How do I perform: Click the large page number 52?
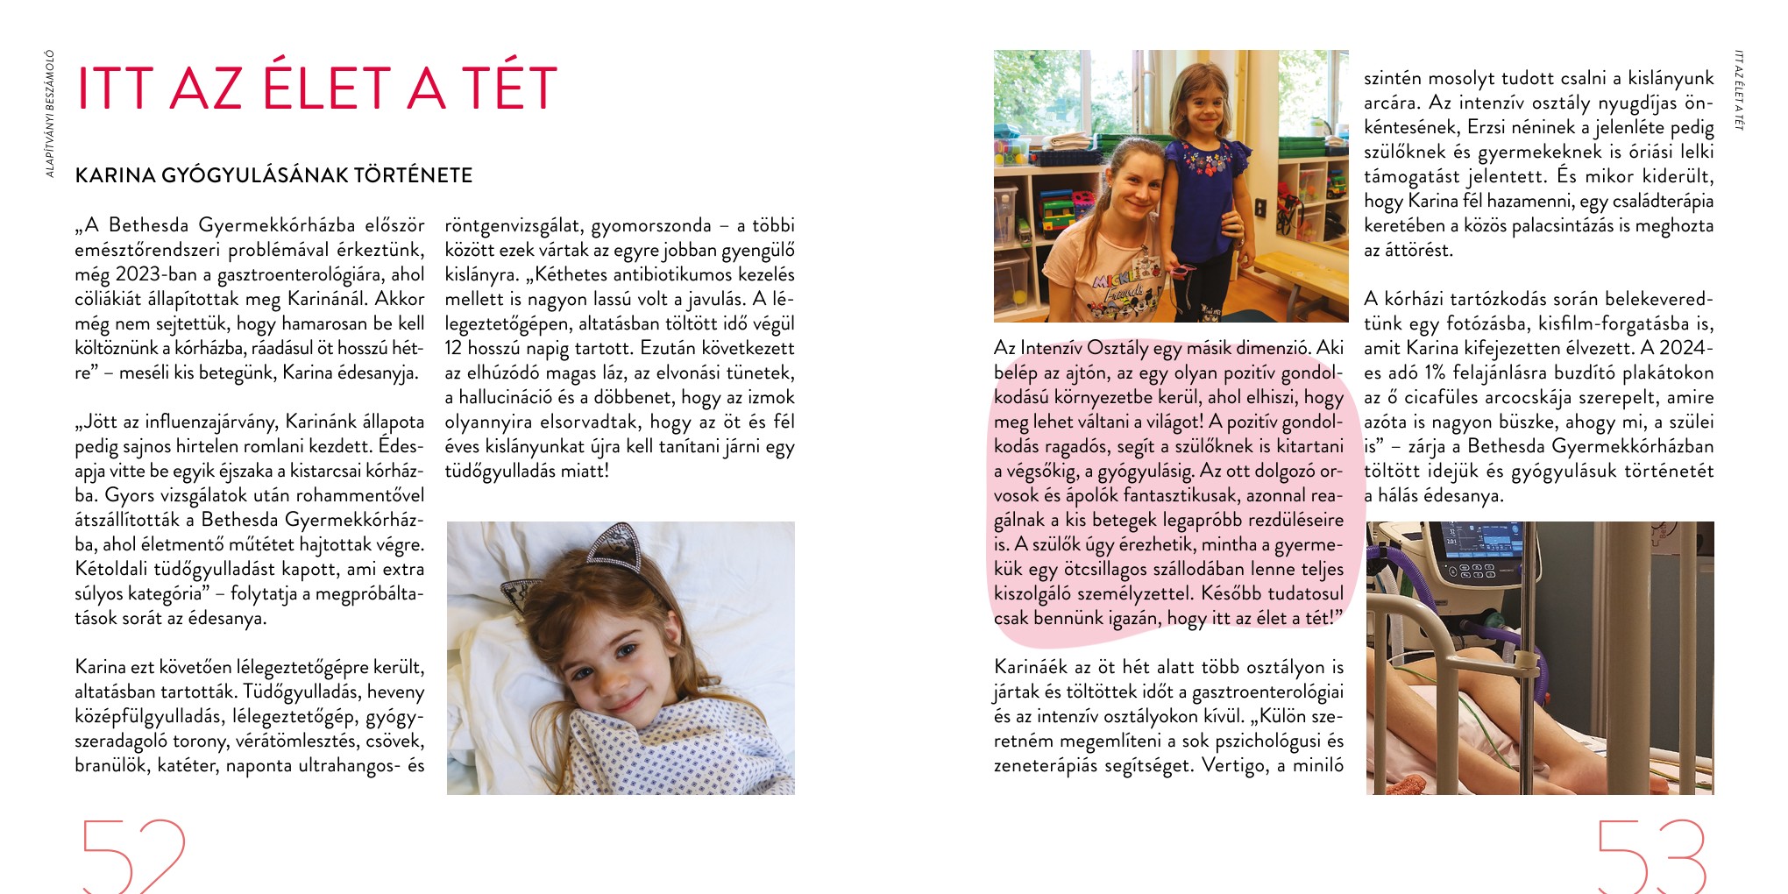point(133,855)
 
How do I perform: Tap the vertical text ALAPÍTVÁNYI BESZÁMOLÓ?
point(50,114)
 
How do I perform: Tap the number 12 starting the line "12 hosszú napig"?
point(453,348)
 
